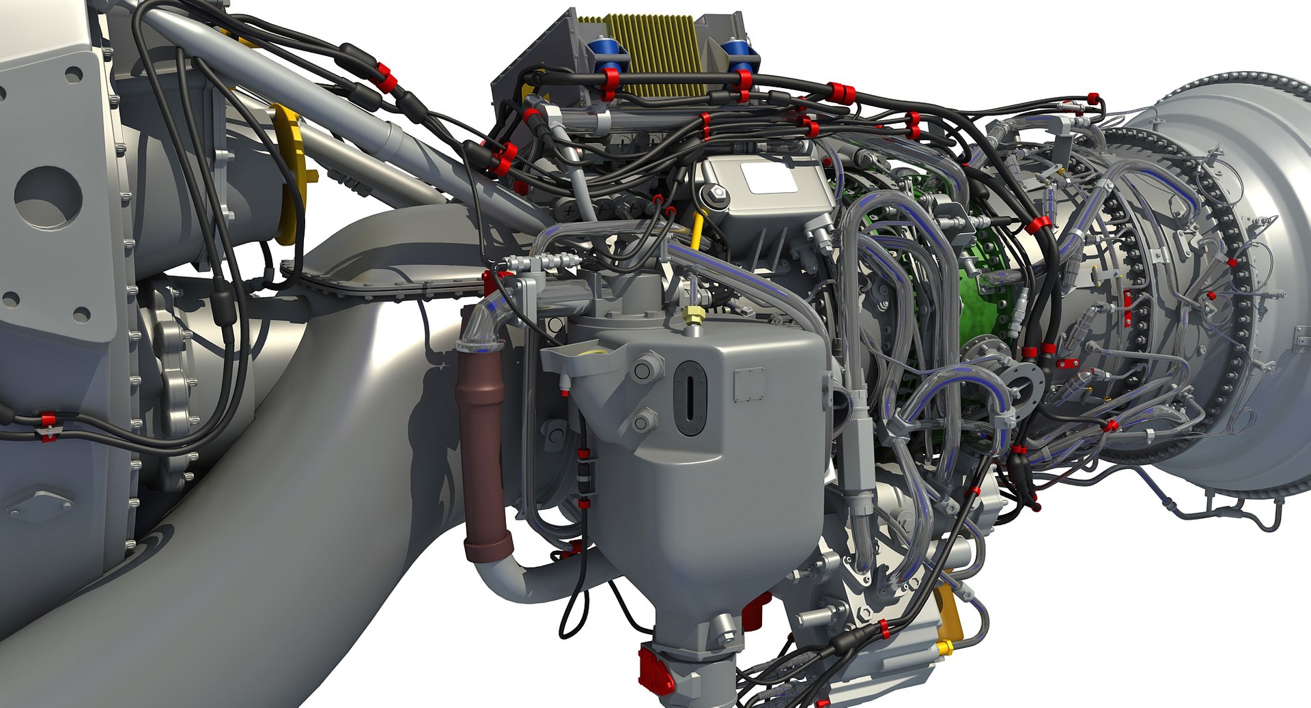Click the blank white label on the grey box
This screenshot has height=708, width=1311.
[767, 177]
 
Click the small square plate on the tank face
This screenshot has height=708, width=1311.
[749, 384]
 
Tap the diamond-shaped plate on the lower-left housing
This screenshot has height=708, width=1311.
[39, 505]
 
